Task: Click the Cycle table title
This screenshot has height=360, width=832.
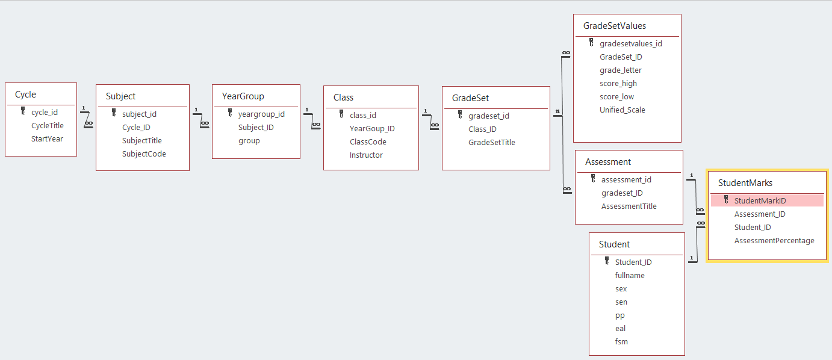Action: (26, 95)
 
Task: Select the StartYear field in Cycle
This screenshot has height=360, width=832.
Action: (47, 139)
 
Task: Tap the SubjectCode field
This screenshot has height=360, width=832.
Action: (144, 154)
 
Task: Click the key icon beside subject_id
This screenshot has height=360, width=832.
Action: (114, 113)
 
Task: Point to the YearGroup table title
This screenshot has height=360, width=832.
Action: (243, 96)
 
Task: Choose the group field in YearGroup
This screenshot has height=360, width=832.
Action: (249, 141)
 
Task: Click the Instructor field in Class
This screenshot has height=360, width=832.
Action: (366, 155)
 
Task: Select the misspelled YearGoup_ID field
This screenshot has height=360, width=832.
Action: (372, 129)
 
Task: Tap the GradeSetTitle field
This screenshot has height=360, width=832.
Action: (491, 143)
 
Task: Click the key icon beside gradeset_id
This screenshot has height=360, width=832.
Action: (460, 116)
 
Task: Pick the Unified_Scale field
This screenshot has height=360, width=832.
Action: (622, 110)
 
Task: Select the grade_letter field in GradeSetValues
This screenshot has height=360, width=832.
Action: (620, 70)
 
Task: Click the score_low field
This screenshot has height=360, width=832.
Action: (616, 97)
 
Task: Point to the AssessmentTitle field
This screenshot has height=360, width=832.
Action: (629, 206)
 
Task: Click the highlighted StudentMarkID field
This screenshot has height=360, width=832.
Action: (760, 201)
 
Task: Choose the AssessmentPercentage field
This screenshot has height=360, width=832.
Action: (774, 241)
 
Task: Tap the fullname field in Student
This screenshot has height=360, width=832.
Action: (630, 276)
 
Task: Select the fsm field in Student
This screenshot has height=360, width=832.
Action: (621, 342)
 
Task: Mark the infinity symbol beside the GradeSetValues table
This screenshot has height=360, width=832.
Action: (565, 54)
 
